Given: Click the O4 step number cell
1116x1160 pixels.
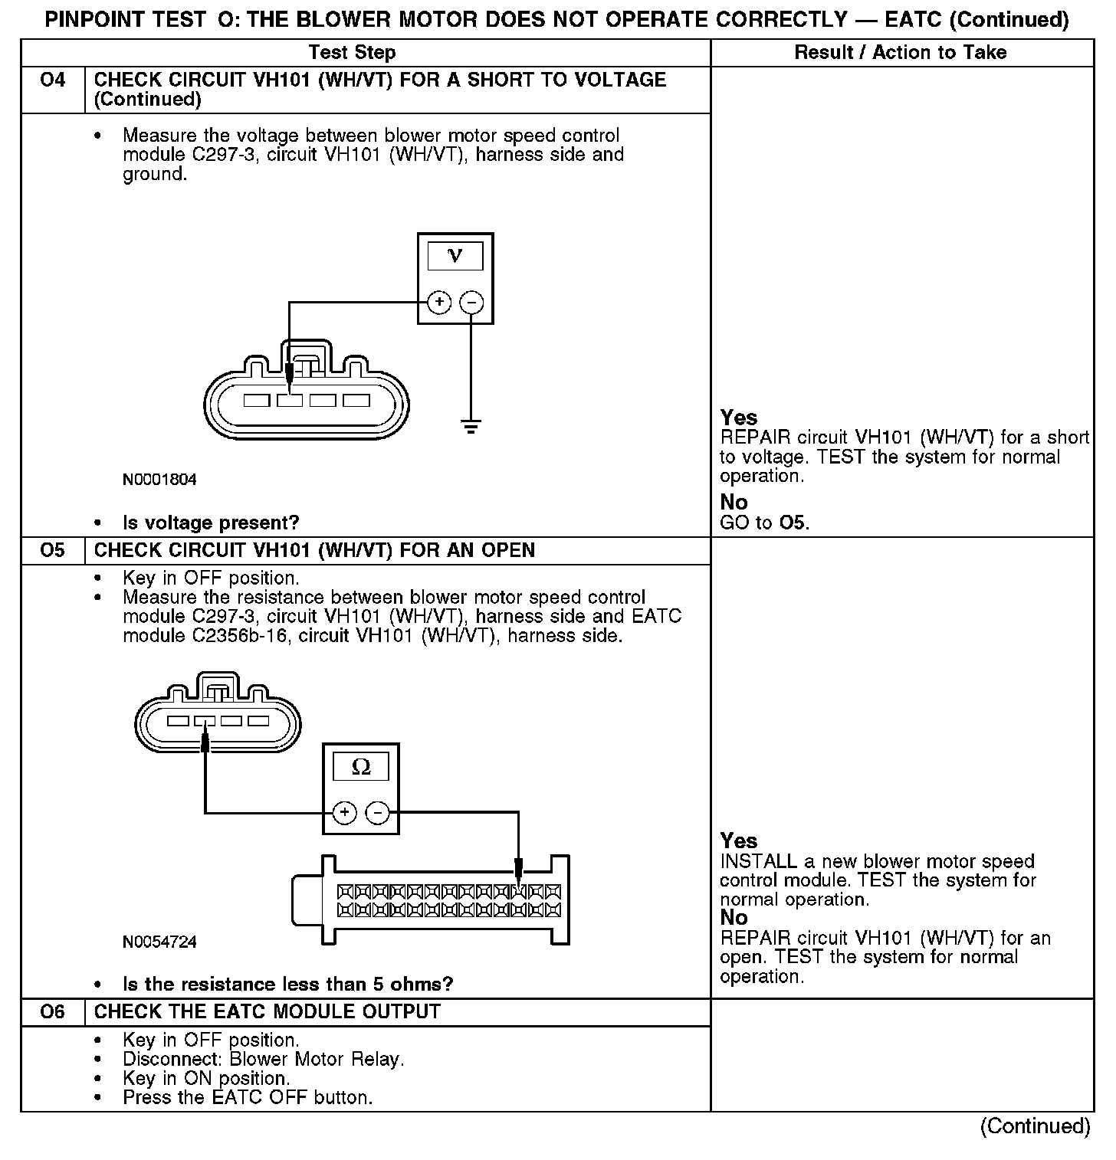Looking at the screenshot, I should coord(52,80).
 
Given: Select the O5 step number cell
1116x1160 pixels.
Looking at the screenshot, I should coord(52,551).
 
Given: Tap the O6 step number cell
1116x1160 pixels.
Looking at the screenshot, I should coord(52,1012).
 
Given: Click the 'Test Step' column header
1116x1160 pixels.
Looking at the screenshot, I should coord(352,53).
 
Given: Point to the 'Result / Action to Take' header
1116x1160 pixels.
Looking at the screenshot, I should coord(901,53).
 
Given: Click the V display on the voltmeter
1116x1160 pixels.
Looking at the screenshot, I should coord(455,256).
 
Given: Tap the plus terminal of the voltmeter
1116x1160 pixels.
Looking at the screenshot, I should coord(438,303).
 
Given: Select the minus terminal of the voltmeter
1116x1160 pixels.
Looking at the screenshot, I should coord(471,303).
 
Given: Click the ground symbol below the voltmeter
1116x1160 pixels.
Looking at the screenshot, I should coord(471,426).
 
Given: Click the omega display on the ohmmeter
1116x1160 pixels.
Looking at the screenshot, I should coord(360,766).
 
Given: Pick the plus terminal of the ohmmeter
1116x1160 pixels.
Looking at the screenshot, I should coord(345,812).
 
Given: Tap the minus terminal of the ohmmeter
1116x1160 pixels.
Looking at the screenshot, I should coord(377,812).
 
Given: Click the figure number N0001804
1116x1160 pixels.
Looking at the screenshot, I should coord(159,480).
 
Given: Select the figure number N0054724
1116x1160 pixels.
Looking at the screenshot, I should coord(159,942).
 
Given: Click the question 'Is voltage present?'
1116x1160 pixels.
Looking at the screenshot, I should coord(211,523).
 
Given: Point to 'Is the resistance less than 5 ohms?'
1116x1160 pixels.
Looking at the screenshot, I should coord(287,985).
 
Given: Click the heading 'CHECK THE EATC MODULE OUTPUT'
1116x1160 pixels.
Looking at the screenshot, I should coord(267,1012).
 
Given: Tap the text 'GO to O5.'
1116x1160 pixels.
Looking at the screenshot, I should coord(764,523).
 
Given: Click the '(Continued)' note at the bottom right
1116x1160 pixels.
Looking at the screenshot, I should coord(1035,1126).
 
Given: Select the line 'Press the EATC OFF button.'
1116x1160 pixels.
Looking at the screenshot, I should coord(248,1098).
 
